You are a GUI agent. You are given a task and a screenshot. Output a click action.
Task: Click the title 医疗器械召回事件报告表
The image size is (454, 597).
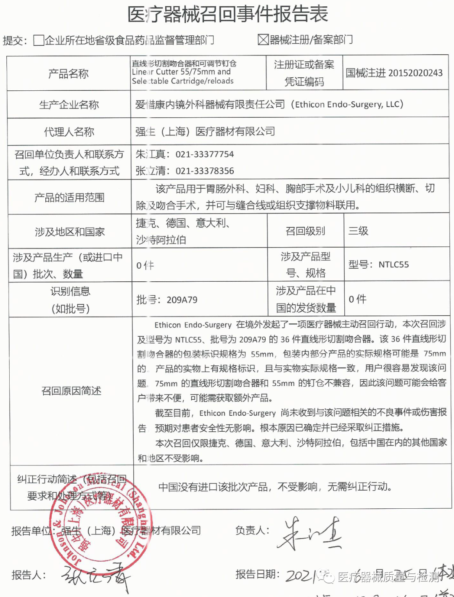click(227, 14)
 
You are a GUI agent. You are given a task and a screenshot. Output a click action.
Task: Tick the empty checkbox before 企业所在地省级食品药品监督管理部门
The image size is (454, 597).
click(39, 40)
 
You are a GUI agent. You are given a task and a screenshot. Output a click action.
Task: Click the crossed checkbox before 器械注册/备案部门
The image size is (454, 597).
click(263, 40)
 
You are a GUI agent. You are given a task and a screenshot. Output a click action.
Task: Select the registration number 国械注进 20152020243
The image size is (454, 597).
click(394, 73)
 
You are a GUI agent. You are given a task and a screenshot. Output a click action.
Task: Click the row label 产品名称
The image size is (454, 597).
click(69, 74)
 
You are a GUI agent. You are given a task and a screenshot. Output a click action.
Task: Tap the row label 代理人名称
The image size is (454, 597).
click(69, 132)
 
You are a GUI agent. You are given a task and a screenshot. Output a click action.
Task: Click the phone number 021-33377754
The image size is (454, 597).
click(205, 154)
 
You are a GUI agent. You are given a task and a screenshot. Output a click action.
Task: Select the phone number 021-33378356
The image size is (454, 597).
click(205, 171)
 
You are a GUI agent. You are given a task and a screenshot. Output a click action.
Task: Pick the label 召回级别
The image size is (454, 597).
click(305, 231)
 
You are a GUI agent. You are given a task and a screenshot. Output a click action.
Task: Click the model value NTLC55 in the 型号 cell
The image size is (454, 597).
click(393, 264)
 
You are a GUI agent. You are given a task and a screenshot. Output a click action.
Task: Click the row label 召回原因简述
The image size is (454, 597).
click(71, 391)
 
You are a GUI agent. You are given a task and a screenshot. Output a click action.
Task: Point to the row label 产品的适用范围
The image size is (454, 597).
click(69, 198)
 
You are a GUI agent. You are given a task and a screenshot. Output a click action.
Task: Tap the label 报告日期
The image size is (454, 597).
click(257, 574)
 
